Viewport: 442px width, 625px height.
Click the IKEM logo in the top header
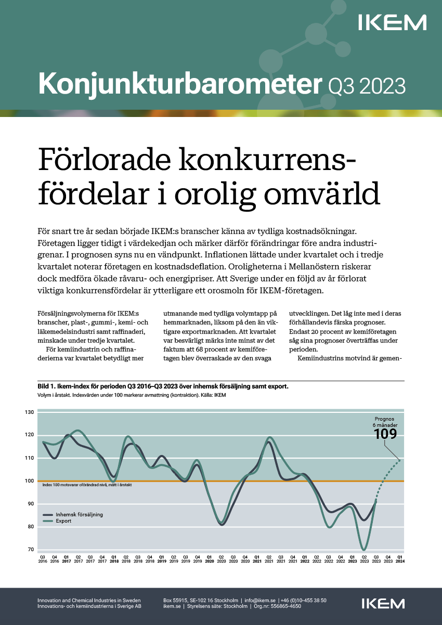(x=392, y=22)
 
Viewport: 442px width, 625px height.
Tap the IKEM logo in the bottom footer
(x=383, y=604)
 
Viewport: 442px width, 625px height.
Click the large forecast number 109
(x=385, y=434)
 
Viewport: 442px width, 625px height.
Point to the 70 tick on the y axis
(x=30, y=550)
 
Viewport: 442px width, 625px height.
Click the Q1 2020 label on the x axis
(x=209, y=559)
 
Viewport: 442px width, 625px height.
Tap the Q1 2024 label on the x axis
(x=399, y=559)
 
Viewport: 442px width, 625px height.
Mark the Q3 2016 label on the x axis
(x=42, y=559)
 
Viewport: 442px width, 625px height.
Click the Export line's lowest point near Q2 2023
(x=363, y=549)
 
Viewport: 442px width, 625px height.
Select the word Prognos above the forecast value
(x=385, y=419)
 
